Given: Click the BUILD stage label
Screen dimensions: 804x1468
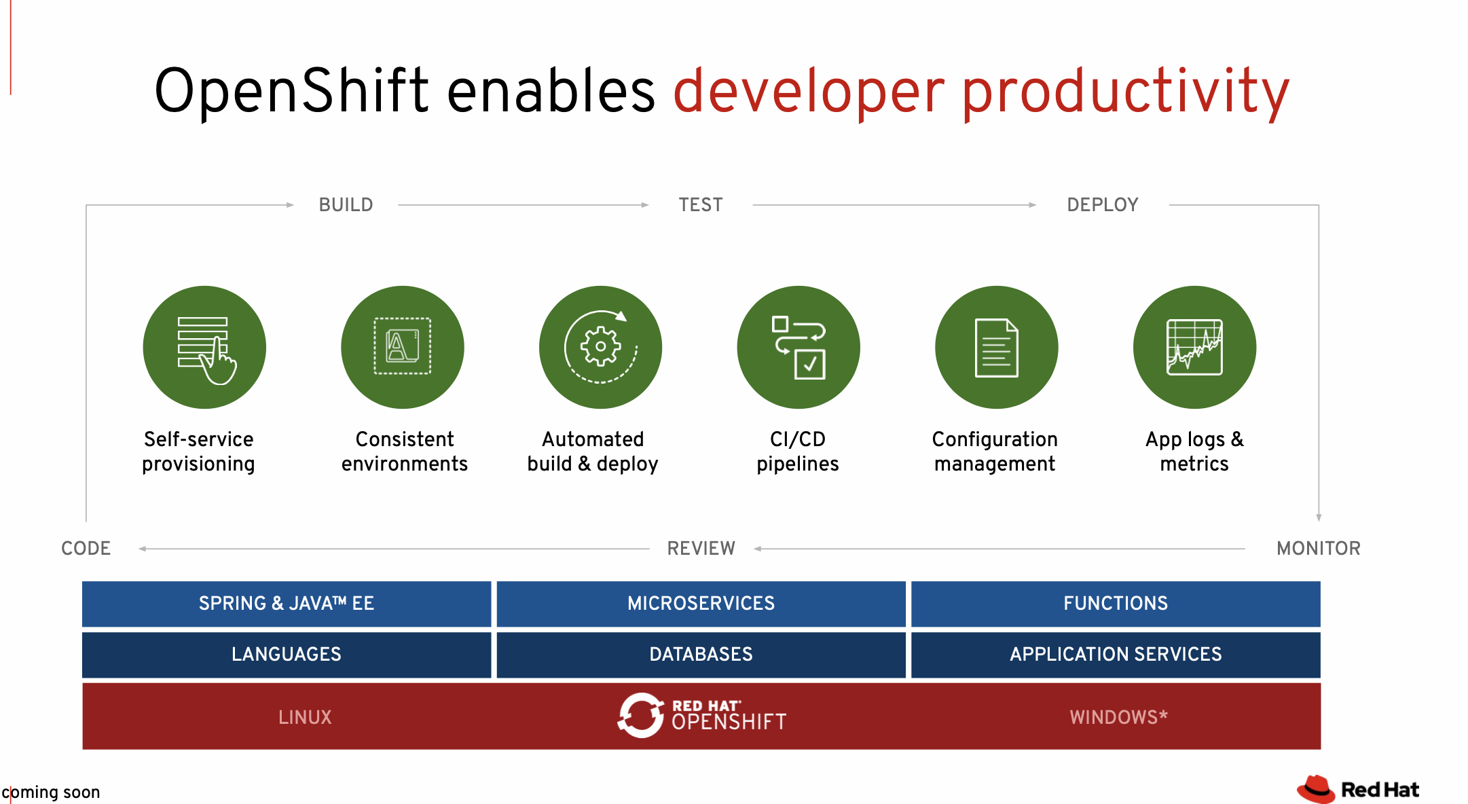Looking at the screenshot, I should point(346,204).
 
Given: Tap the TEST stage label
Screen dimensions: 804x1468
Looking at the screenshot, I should point(700,204).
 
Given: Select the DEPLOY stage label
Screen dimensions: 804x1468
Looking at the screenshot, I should point(1102,204).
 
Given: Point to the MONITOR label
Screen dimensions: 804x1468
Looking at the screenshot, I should point(1318,548).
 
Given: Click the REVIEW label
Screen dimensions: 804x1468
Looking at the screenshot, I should point(701,548).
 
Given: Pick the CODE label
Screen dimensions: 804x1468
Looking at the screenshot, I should point(86,548).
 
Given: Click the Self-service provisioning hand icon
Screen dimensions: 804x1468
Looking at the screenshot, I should point(204,348).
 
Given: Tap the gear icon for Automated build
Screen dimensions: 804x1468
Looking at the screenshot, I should point(600,347).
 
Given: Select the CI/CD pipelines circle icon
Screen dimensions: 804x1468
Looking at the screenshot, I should point(799,347).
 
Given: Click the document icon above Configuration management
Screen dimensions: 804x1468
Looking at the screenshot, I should point(996,347).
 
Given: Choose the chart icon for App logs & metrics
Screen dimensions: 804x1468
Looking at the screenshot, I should point(1194,347).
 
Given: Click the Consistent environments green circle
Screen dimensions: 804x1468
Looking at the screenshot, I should point(403,347).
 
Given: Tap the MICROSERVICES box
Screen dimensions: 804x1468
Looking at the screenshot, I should point(701,603).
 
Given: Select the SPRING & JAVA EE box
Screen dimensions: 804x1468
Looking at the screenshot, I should point(286,603).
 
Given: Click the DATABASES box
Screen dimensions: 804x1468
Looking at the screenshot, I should point(701,654).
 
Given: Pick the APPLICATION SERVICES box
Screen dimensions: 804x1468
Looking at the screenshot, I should point(1115,654).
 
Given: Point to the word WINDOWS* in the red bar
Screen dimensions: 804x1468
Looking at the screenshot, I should point(1118,717).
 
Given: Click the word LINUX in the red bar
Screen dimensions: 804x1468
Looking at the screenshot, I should point(305,717).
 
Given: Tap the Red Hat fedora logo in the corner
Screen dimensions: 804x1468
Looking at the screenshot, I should point(1316,789).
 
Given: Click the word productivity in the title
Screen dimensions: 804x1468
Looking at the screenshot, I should point(1125,92).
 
